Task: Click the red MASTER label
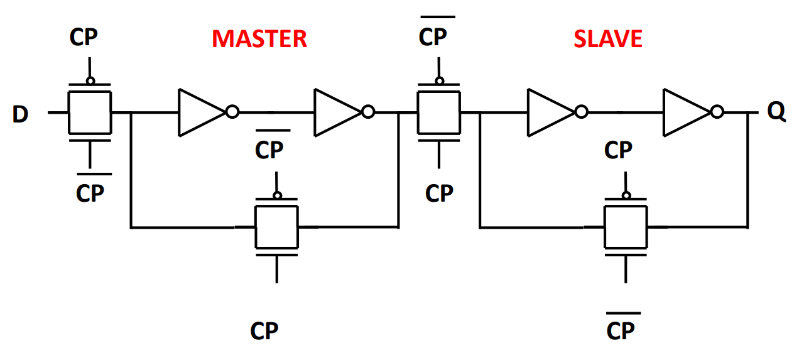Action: click(x=259, y=39)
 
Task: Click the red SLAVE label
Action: click(x=607, y=39)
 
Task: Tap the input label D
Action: click(x=21, y=115)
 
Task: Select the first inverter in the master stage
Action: click(x=202, y=112)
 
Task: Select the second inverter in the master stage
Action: click(x=339, y=112)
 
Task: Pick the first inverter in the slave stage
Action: click(x=551, y=112)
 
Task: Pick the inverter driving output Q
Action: click(x=687, y=112)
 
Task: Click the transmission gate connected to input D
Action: click(x=89, y=112)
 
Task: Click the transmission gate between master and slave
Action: click(x=439, y=112)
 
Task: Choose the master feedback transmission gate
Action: click(x=276, y=226)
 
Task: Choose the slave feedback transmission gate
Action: click(x=626, y=226)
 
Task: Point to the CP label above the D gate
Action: click(x=84, y=38)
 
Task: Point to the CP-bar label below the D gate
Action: click(x=90, y=192)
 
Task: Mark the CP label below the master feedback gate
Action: click(x=264, y=330)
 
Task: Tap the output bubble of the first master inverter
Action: click(x=232, y=112)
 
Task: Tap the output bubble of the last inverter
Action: click(x=717, y=112)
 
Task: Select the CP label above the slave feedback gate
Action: click(x=618, y=151)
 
